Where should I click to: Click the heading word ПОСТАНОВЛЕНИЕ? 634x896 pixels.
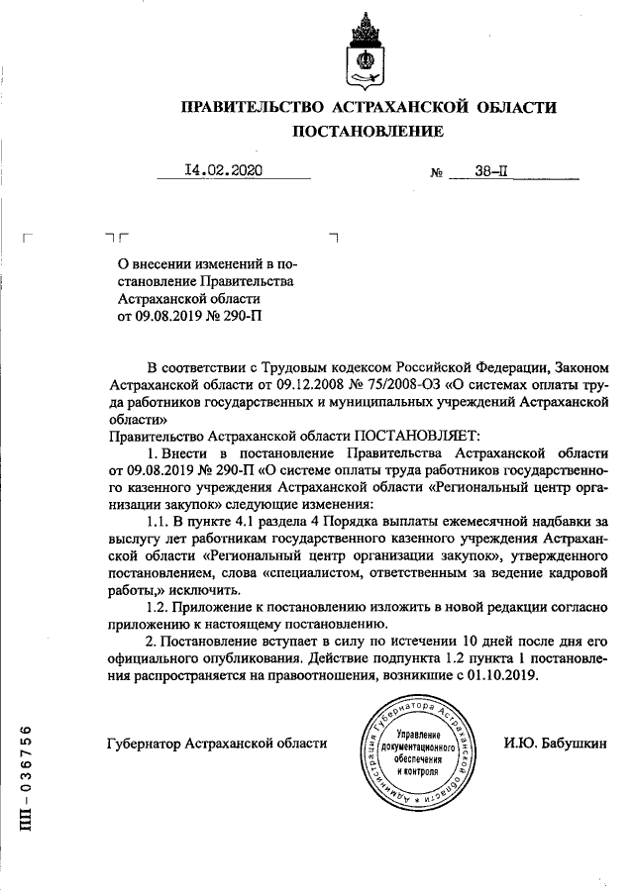(367, 131)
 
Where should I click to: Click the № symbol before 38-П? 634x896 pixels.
(437, 172)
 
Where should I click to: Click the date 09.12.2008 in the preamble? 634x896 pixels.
(276, 382)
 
